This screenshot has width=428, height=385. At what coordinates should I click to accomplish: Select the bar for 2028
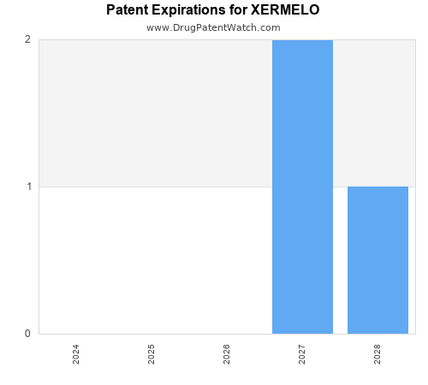pos(377,260)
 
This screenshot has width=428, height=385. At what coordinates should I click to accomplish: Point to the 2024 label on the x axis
pos(76,354)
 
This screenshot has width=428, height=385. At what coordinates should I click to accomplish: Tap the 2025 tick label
pos(152,354)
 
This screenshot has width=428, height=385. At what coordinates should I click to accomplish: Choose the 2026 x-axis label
pos(227,354)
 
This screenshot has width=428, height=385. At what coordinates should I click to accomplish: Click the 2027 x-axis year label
pos(302,354)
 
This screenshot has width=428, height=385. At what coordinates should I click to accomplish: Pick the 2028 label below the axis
pos(377,354)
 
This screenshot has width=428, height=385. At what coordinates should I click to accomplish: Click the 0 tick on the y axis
pos(27,334)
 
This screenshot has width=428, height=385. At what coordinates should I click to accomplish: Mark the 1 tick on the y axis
pos(27,187)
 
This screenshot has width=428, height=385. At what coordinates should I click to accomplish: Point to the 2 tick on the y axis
pos(27,40)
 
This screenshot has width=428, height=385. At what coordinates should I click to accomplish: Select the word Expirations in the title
pos(193,10)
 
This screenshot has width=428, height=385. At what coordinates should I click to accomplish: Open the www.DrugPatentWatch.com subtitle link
pos(213,27)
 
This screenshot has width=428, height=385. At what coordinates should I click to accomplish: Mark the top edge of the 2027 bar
pos(302,40)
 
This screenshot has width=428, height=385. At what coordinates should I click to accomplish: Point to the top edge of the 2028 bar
pos(377,187)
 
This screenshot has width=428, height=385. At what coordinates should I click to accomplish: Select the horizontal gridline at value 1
pos(154,187)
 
